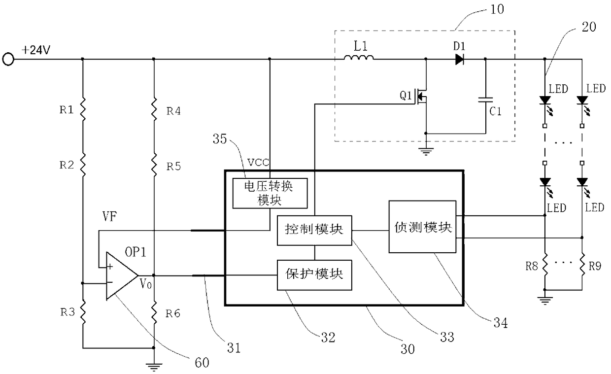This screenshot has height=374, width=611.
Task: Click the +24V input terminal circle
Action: click(8, 59)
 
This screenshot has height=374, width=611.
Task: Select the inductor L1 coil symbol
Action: click(359, 57)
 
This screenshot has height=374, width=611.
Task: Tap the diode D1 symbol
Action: click(459, 59)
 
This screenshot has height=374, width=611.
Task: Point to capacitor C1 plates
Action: click(485, 100)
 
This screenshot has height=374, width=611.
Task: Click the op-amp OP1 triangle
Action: click(122, 276)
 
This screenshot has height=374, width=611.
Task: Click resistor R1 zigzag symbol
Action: click(83, 109)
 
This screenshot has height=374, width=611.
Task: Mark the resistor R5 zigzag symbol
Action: click(154, 165)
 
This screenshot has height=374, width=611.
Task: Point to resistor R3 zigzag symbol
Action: click(83, 311)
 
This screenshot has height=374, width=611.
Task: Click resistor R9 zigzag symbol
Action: click(582, 265)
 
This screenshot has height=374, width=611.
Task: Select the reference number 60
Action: click(202, 363)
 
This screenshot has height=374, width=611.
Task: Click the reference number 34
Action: click(501, 323)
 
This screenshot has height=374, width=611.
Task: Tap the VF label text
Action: click(110, 217)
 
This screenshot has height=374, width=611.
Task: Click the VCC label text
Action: click(258, 163)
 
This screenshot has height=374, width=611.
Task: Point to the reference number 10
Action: click(497, 9)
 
